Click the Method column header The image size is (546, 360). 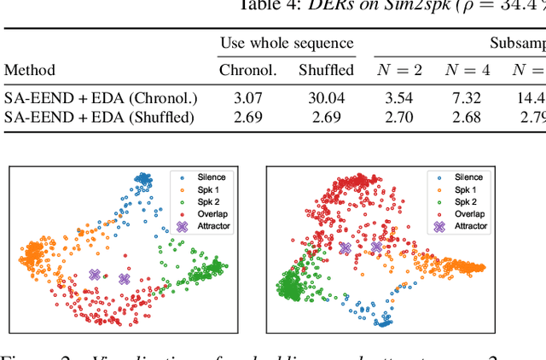click(x=29, y=70)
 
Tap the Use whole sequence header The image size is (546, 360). click(x=287, y=43)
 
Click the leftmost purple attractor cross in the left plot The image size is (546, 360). click(x=95, y=275)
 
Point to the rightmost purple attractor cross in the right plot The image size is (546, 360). click(x=376, y=247)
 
